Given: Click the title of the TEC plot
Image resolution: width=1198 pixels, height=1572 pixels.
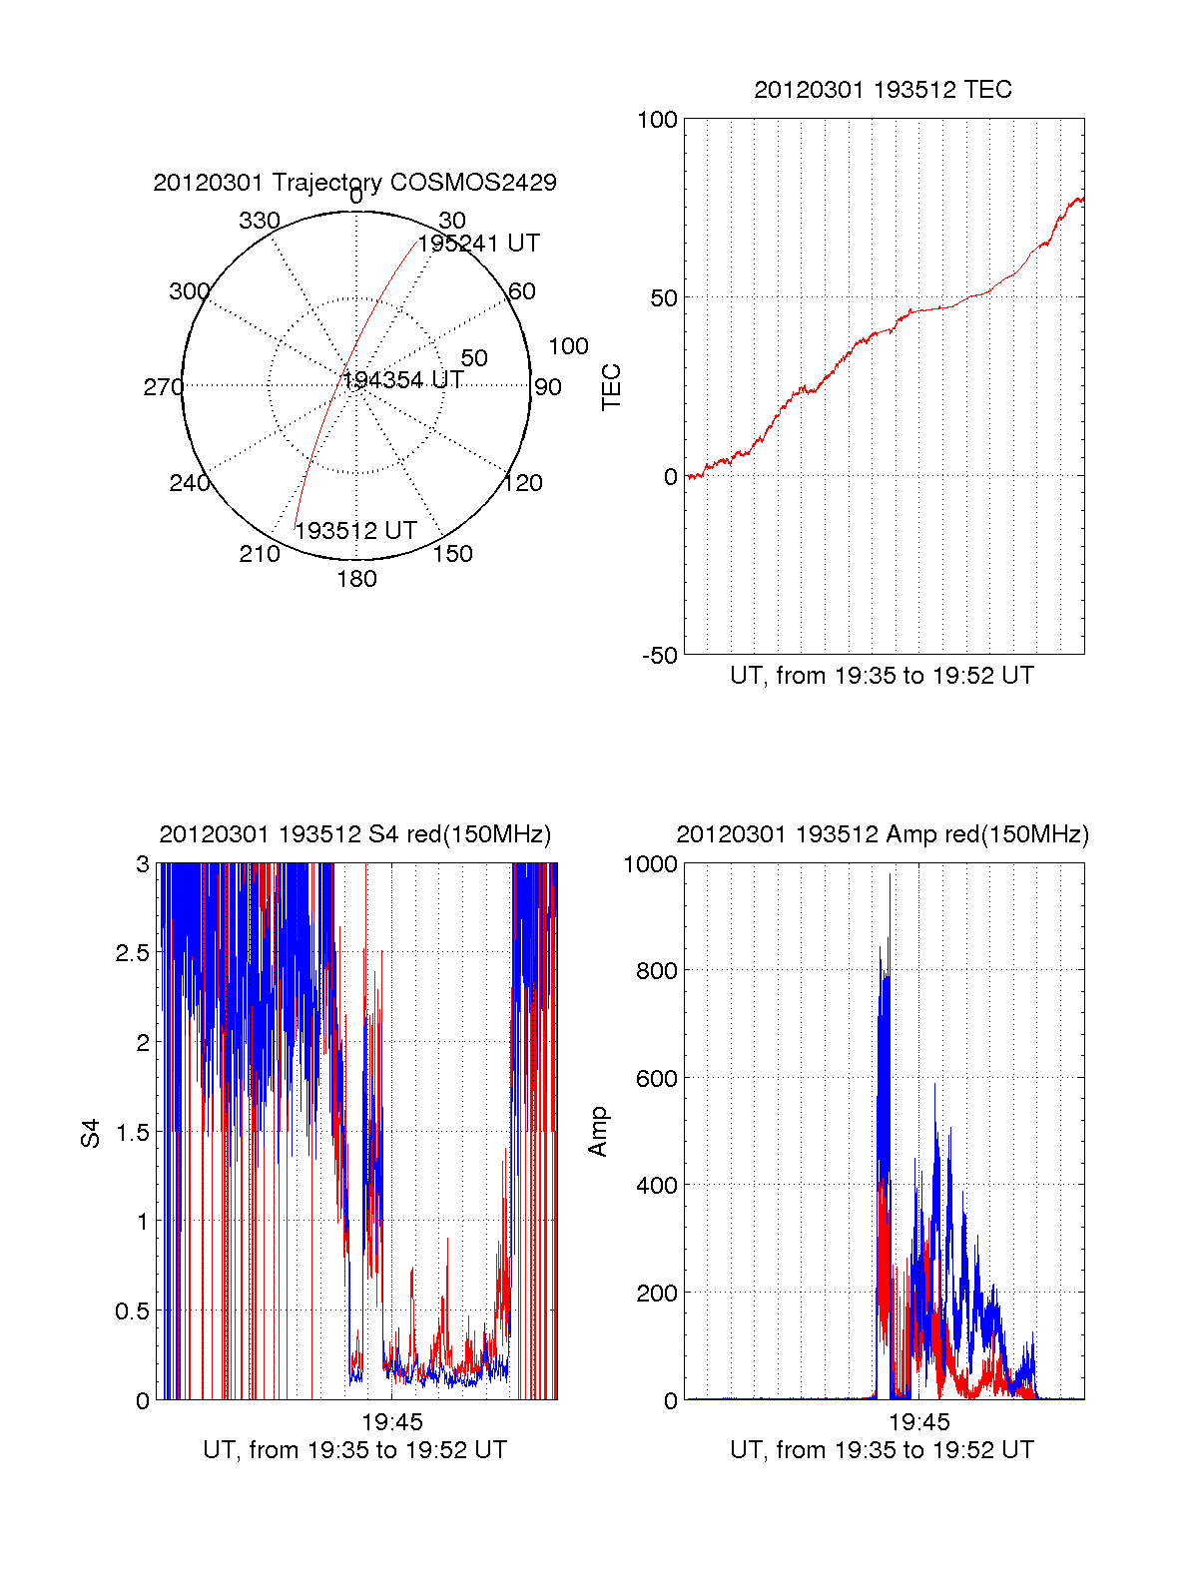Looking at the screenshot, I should (x=883, y=90).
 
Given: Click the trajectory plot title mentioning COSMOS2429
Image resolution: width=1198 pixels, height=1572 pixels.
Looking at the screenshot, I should (x=354, y=183).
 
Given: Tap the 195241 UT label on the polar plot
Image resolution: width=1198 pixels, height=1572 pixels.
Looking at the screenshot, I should (x=478, y=244).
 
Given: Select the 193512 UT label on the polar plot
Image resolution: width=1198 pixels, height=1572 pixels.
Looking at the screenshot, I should (x=355, y=531).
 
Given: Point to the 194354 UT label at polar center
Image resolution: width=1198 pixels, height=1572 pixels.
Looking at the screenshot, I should (x=402, y=380).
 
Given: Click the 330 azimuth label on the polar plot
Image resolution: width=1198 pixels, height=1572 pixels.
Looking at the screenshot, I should (x=259, y=221).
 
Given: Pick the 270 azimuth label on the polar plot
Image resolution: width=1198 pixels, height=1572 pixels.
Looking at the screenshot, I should (x=163, y=387).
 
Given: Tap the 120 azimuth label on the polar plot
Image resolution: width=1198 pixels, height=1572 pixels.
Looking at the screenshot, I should (x=523, y=483).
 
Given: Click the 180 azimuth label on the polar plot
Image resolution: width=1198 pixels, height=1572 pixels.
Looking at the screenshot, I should (x=356, y=579).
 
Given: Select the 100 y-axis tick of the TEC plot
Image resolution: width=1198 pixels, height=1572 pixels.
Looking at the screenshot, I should (x=657, y=120).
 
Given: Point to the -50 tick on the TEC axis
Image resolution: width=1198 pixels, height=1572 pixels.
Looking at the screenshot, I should (x=659, y=656).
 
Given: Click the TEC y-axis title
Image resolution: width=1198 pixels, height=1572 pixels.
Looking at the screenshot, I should (x=611, y=387).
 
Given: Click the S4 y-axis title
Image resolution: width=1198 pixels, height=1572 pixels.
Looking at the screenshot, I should (x=91, y=1133).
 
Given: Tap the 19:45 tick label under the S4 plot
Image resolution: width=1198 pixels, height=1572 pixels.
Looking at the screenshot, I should (x=392, y=1421).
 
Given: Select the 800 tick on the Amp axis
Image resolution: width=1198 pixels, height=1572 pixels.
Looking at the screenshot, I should (x=656, y=970).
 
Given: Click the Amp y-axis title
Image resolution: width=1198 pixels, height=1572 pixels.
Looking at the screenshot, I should (x=598, y=1132).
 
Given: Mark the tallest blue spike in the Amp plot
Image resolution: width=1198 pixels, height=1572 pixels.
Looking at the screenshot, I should (x=890, y=876).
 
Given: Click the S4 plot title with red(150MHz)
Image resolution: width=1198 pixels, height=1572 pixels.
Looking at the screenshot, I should (x=354, y=834).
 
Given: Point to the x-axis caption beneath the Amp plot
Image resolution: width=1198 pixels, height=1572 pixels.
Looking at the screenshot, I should (x=882, y=1450).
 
